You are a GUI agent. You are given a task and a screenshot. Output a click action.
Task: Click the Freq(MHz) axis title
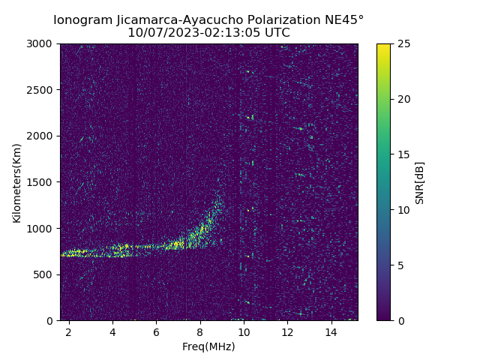tap(208, 346)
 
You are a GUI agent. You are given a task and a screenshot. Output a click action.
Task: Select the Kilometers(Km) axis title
tap(16, 182)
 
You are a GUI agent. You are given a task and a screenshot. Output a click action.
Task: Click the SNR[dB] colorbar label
tap(420, 182)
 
